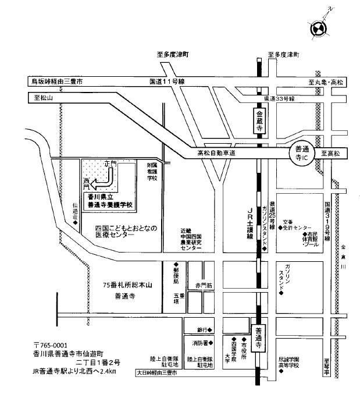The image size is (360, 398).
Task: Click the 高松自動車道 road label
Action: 216,154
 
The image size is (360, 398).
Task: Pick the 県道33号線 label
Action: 279,99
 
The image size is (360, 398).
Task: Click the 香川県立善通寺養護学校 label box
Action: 111,201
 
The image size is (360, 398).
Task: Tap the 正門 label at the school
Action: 113,165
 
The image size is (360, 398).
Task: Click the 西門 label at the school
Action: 88,184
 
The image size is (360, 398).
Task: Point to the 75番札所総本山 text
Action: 126,285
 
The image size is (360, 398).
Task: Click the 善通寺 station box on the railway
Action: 259,337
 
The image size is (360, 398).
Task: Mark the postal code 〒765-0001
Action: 51,344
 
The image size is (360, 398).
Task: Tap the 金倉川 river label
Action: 343,256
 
